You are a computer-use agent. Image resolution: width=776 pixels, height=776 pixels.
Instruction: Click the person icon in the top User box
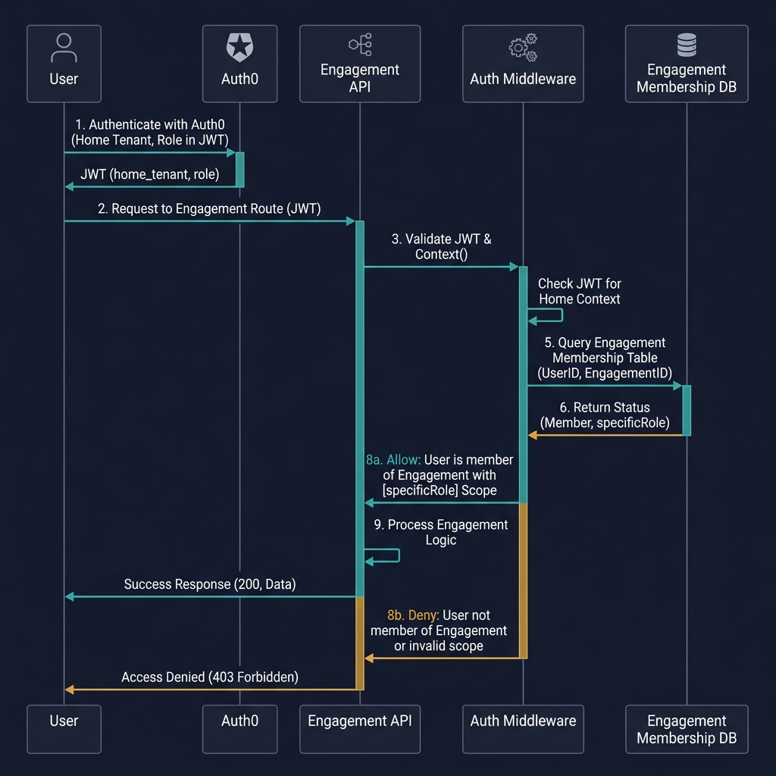64,47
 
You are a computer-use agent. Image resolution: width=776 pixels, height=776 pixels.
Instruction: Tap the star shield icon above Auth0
239,47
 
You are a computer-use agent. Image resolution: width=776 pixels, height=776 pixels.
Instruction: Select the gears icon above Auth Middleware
523,47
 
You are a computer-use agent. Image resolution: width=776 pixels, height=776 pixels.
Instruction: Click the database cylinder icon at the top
687,45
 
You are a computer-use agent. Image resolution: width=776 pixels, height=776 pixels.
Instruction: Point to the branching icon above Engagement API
360,45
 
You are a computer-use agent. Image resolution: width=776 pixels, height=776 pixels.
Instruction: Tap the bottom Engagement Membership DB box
687,729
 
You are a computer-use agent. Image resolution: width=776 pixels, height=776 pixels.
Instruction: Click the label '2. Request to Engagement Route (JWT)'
209,208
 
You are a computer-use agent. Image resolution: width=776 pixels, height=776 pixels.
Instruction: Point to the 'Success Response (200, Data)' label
210,584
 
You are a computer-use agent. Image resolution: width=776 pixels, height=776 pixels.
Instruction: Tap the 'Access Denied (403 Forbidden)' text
210,677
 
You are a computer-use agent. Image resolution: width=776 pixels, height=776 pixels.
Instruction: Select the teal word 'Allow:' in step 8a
403,460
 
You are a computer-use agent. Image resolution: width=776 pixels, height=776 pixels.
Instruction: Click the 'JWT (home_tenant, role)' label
149,174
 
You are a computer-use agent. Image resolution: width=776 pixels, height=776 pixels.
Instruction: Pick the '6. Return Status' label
604,408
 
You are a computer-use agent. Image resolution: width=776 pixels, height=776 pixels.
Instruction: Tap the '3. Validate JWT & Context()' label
441,246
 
